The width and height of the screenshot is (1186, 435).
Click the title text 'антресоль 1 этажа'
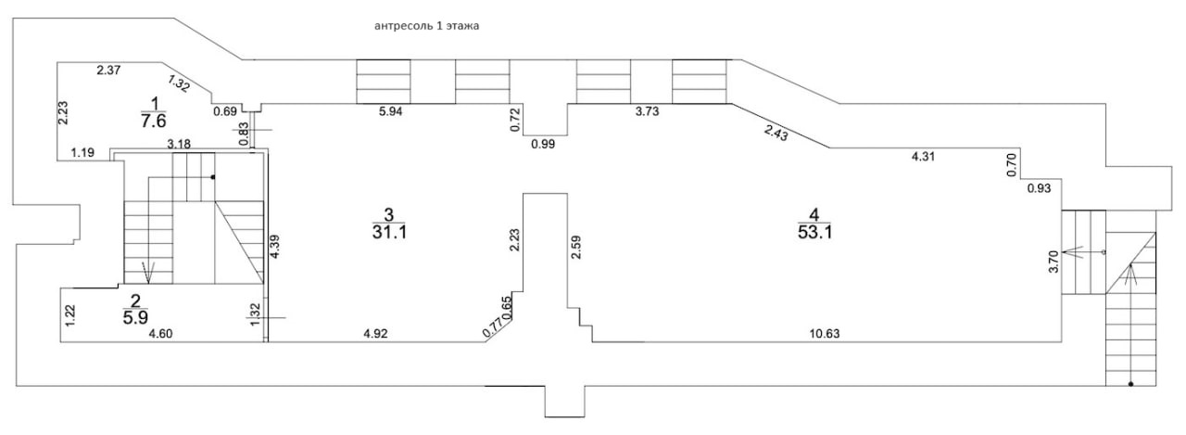[x=425, y=27]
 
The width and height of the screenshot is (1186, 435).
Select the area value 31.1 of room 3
[x=389, y=232]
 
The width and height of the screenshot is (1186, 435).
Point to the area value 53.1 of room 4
[x=815, y=232]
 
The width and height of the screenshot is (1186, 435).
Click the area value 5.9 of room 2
[x=135, y=314]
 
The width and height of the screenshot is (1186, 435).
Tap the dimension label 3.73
[x=646, y=111]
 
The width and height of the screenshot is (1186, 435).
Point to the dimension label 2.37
[x=110, y=70]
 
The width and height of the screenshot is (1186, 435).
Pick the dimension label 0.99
[x=544, y=144]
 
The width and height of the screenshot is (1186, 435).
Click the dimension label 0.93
[x=1039, y=189]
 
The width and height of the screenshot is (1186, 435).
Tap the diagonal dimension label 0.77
[x=494, y=326]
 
